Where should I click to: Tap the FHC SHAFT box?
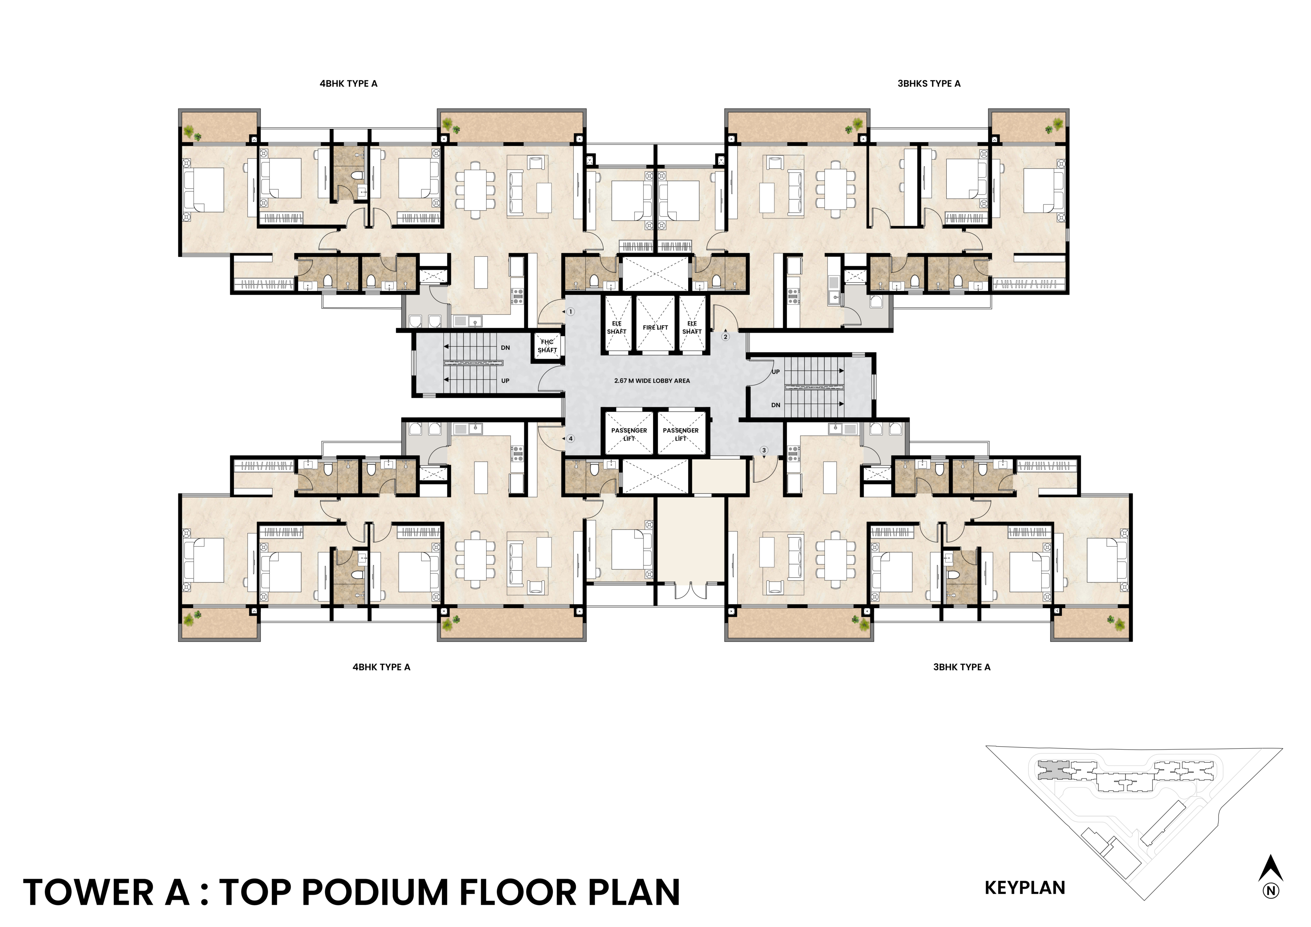click(x=547, y=346)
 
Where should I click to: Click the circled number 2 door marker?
click(x=726, y=337)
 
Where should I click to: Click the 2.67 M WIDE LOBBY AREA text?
click(x=652, y=381)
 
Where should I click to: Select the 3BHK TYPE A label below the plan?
click(x=962, y=667)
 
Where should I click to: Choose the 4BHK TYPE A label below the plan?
click(x=381, y=667)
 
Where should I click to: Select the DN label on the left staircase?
click(x=505, y=348)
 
